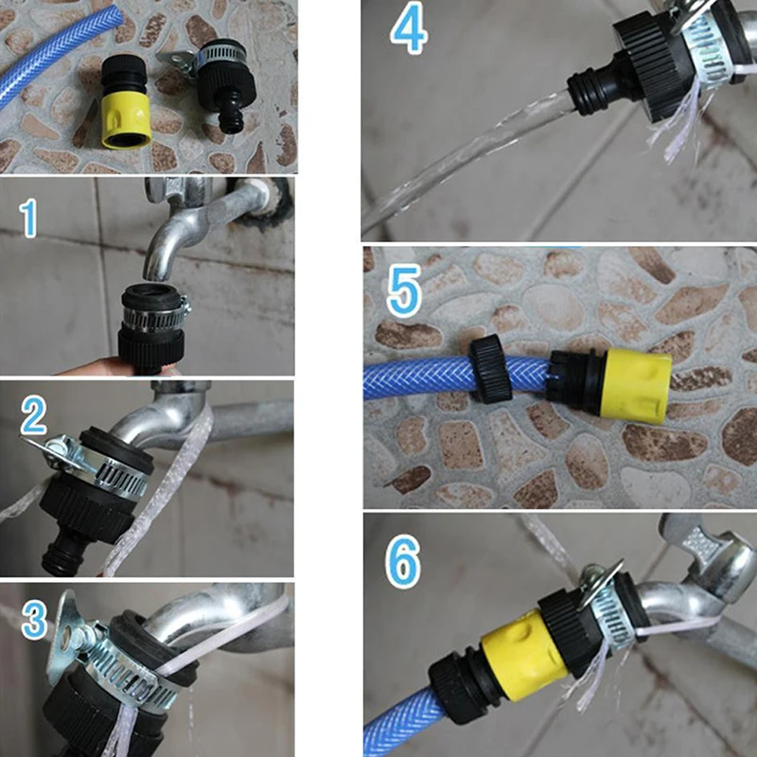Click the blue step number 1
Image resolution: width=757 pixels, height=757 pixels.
[28, 219]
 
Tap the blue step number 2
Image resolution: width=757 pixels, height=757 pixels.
[34, 415]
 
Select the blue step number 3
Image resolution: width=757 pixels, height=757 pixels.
[35, 620]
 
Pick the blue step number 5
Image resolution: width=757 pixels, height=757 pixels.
[405, 290]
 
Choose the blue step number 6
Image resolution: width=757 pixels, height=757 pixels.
[404, 561]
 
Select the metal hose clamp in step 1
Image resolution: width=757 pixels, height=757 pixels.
[154, 316]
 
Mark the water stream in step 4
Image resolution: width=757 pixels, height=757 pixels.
[468, 159]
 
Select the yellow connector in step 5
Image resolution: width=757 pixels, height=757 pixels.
[636, 383]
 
